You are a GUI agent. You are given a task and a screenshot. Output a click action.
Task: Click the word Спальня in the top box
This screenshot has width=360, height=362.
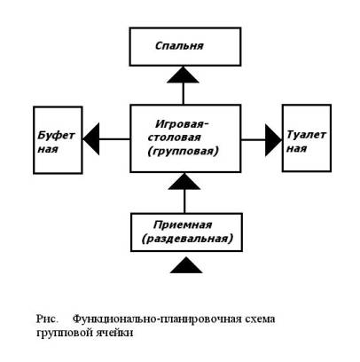[x=179, y=46]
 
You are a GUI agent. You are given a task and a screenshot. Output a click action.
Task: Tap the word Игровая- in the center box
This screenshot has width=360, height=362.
[x=182, y=123]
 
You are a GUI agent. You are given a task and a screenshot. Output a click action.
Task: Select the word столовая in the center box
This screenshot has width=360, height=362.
[x=175, y=138]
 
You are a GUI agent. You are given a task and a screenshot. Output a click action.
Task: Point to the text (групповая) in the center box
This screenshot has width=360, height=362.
[x=184, y=151]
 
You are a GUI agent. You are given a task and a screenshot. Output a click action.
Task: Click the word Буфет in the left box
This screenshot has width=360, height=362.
[x=56, y=136]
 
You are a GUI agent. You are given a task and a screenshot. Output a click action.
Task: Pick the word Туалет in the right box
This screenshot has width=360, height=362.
[x=306, y=135]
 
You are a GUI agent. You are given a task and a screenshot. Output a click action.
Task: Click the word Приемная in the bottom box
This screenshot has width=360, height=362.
[x=183, y=225]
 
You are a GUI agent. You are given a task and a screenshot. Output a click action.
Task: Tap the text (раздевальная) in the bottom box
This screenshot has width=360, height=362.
[x=187, y=239]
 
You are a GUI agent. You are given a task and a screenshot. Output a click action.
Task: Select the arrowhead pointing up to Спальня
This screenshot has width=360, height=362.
[x=184, y=75]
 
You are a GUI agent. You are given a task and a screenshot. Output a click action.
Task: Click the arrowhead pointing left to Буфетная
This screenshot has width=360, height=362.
[x=91, y=139]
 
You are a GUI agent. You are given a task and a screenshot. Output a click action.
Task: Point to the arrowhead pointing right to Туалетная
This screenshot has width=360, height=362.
[x=273, y=140]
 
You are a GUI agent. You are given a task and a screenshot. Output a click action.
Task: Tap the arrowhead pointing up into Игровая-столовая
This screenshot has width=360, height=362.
[x=184, y=181]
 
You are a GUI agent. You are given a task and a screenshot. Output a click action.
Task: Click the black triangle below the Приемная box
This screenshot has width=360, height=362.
[x=186, y=264]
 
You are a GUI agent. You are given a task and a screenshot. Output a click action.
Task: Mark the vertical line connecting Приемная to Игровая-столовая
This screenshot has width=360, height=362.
[x=184, y=201]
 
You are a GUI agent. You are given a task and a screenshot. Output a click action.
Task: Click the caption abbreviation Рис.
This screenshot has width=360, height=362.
[x=46, y=319]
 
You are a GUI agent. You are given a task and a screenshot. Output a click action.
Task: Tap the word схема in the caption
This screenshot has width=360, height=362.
[x=261, y=319]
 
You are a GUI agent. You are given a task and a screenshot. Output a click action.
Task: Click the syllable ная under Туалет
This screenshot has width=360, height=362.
[x=297, y=148]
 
